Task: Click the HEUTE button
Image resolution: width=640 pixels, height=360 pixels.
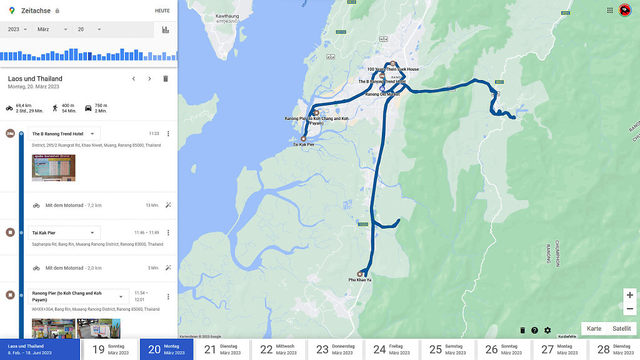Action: pyautogui.click(x=162, y=11)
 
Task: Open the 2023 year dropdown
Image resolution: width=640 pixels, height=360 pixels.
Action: pyautogui.click(x=17, y=29)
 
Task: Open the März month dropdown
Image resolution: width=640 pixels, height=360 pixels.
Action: pyautogui.click(x=52, y=29)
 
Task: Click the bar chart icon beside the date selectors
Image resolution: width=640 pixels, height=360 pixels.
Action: pyautogui.click(x=166, y=29)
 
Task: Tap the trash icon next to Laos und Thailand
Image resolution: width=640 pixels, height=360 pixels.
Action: pyautogui.click(x=166, y=79)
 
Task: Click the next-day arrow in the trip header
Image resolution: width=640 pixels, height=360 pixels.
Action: pyautogui.click(x=149, y=79)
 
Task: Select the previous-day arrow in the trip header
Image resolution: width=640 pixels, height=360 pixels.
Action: pyautogui.click(x=133, y=79)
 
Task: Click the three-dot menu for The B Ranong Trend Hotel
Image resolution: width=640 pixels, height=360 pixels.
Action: pyautogui.click(x=167, y=134)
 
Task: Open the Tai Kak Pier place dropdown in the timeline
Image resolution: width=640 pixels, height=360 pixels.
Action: pyautogui.click(x=64, y=232)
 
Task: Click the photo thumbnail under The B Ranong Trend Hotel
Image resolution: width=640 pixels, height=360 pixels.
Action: pyautogui.click(x=54, y=167)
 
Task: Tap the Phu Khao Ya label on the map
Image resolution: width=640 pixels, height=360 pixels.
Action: pyautogui.click(x=360, y=279)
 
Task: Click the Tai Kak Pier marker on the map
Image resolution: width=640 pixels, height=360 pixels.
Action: pyautogui.click(x=304, y=139)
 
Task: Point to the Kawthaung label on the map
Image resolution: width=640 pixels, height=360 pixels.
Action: pyautogui.click(x=227, y=15)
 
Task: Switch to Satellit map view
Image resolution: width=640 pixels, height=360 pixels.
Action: pyautogui.click(x=621, y=329)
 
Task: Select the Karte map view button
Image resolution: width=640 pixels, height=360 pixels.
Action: pyautogui.click(x=594, y=329)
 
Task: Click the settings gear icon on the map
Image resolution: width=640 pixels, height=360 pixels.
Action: pyautogui.click(x=547, y=331)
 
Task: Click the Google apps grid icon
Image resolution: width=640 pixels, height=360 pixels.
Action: pyautogui.click(x=610, y=10)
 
